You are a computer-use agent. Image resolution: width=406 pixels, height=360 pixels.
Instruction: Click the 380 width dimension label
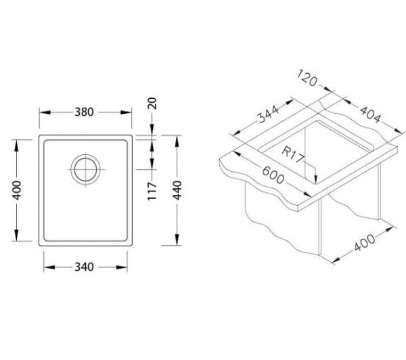pyautogui.click(x=84, y=112)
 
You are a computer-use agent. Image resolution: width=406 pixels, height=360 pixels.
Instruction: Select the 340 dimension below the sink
pyautogui.click(x=84, y=267)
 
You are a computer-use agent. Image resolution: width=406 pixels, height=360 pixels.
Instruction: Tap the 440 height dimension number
pyautogui.click(x=177, y=190)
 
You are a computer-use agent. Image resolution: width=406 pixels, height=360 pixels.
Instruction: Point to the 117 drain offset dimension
pyautogui.click(x=152, y=191)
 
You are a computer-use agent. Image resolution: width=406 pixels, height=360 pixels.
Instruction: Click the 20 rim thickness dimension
pyautogui.click(x=152, y=103)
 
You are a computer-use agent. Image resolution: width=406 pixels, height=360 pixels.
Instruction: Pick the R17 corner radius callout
pyautogui.click(x=292, y=154)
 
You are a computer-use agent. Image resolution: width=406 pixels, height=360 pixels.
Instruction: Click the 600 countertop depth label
pyautogui.click(x=273, y=175)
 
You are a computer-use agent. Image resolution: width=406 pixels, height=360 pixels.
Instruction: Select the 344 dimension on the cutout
pyautogui.click(x=269, y=114)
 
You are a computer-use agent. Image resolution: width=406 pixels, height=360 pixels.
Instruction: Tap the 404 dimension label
pyautogui.click(x=371, y=115)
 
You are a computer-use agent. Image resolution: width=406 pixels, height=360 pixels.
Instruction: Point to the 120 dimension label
pyautogui.click(x=307, y=77)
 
